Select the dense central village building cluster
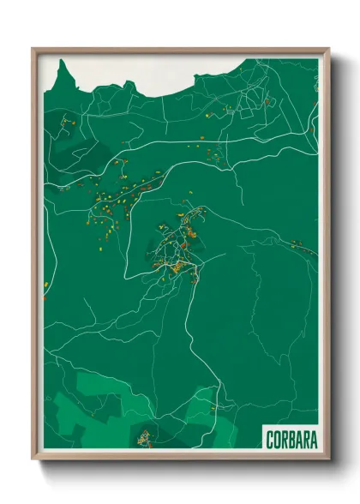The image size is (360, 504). coord(182,249)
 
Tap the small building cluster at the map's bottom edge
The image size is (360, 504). coord(146,439)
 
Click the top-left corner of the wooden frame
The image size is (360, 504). coord(33,49)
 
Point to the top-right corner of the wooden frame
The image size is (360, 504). coord(329,49)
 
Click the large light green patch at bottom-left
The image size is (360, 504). coord(94,403)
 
